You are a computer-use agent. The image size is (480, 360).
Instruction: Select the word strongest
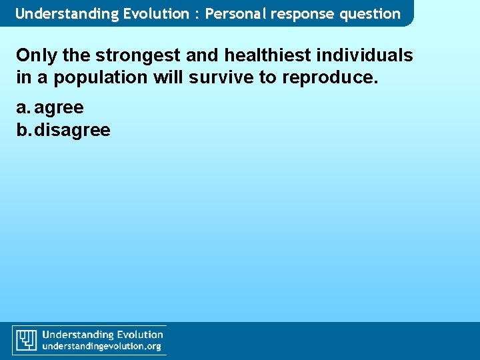click(135, 55)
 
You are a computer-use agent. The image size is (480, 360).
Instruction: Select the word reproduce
click(330, 77)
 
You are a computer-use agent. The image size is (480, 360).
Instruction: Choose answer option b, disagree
click(71, 129)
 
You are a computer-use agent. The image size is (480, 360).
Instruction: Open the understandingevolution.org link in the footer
click(102, 347)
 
